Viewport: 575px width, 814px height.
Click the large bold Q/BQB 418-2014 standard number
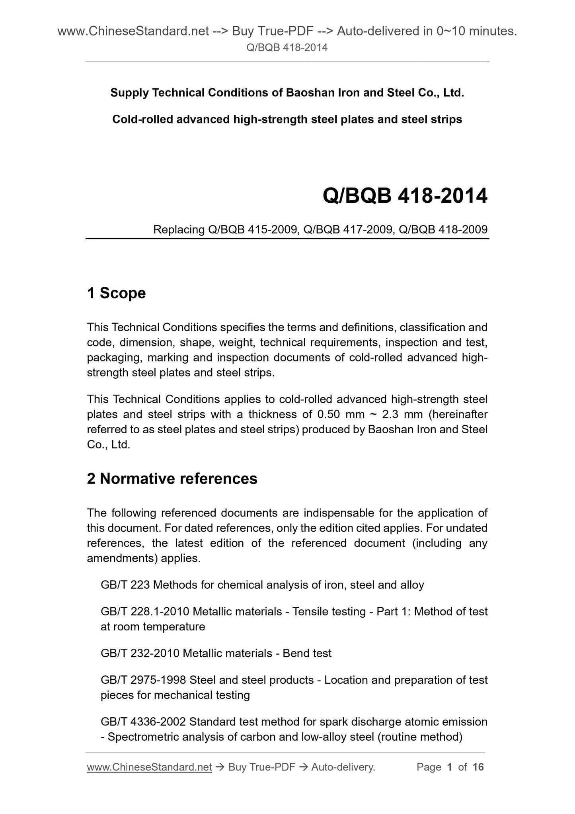pyautogui.click(x=405, y=196)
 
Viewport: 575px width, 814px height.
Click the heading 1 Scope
pyautogui.click(x=116, y=293)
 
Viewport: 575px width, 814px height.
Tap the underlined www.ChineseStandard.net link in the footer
pyautogui.click(x=149, y=767)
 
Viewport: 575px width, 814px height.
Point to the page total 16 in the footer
pyautogui.click(x=478, y=767)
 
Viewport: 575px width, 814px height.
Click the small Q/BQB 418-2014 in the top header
pyautogui.click(x=287, y=48)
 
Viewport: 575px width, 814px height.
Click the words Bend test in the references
pyautogui.click(x=307, y=654)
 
